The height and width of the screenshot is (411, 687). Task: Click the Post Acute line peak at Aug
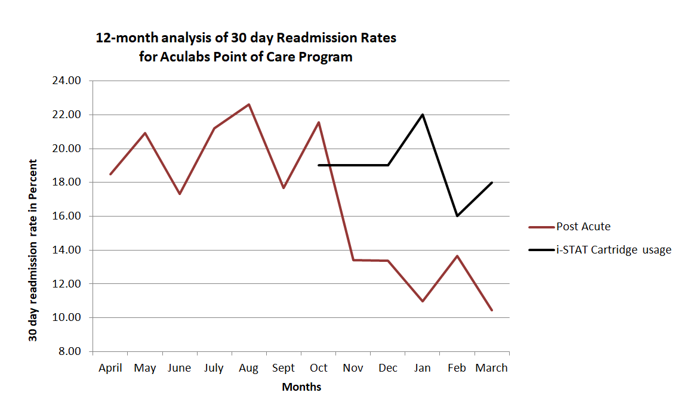pyautogui.click(x=249, y=104)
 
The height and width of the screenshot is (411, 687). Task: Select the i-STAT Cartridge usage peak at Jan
pyautogui.click(x=423, y=115)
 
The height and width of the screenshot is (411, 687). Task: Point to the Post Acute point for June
pyautogui.click(x=180, y=194)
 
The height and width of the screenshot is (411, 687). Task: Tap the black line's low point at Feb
pyautogui.click(x=457, y=216)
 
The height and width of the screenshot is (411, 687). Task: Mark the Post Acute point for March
pyautogui.click(x=491, y=310)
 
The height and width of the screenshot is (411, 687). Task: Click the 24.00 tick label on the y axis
pyautogui.click(x=67, y=81)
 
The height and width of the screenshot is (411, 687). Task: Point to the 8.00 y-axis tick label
pyautogui.click(x=69, y=351)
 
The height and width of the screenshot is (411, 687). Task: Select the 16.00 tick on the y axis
pyautogui.click(x=67, y=216)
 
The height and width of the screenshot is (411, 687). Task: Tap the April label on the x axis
pyautogui.click(x=110, y=368)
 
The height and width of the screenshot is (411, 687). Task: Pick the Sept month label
pyautogui.click(x=284, y=368)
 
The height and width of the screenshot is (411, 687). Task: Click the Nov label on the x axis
pyautogui.click(x=353, y=368)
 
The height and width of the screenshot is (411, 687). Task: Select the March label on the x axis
pyautogui.click(x=491, y=368)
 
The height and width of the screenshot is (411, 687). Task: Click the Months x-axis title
pyautogui.click(x=301, y=387)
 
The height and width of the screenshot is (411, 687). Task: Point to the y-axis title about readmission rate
pyautogui.click(x=33, y=251)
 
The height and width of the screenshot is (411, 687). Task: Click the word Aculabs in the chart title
pyautogui.click(x=187, y=57)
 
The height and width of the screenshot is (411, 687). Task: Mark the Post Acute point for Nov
pyautogui.click(x=353, y=260)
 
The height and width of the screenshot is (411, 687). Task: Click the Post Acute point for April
pyautogui.click(x=110, y=174)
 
